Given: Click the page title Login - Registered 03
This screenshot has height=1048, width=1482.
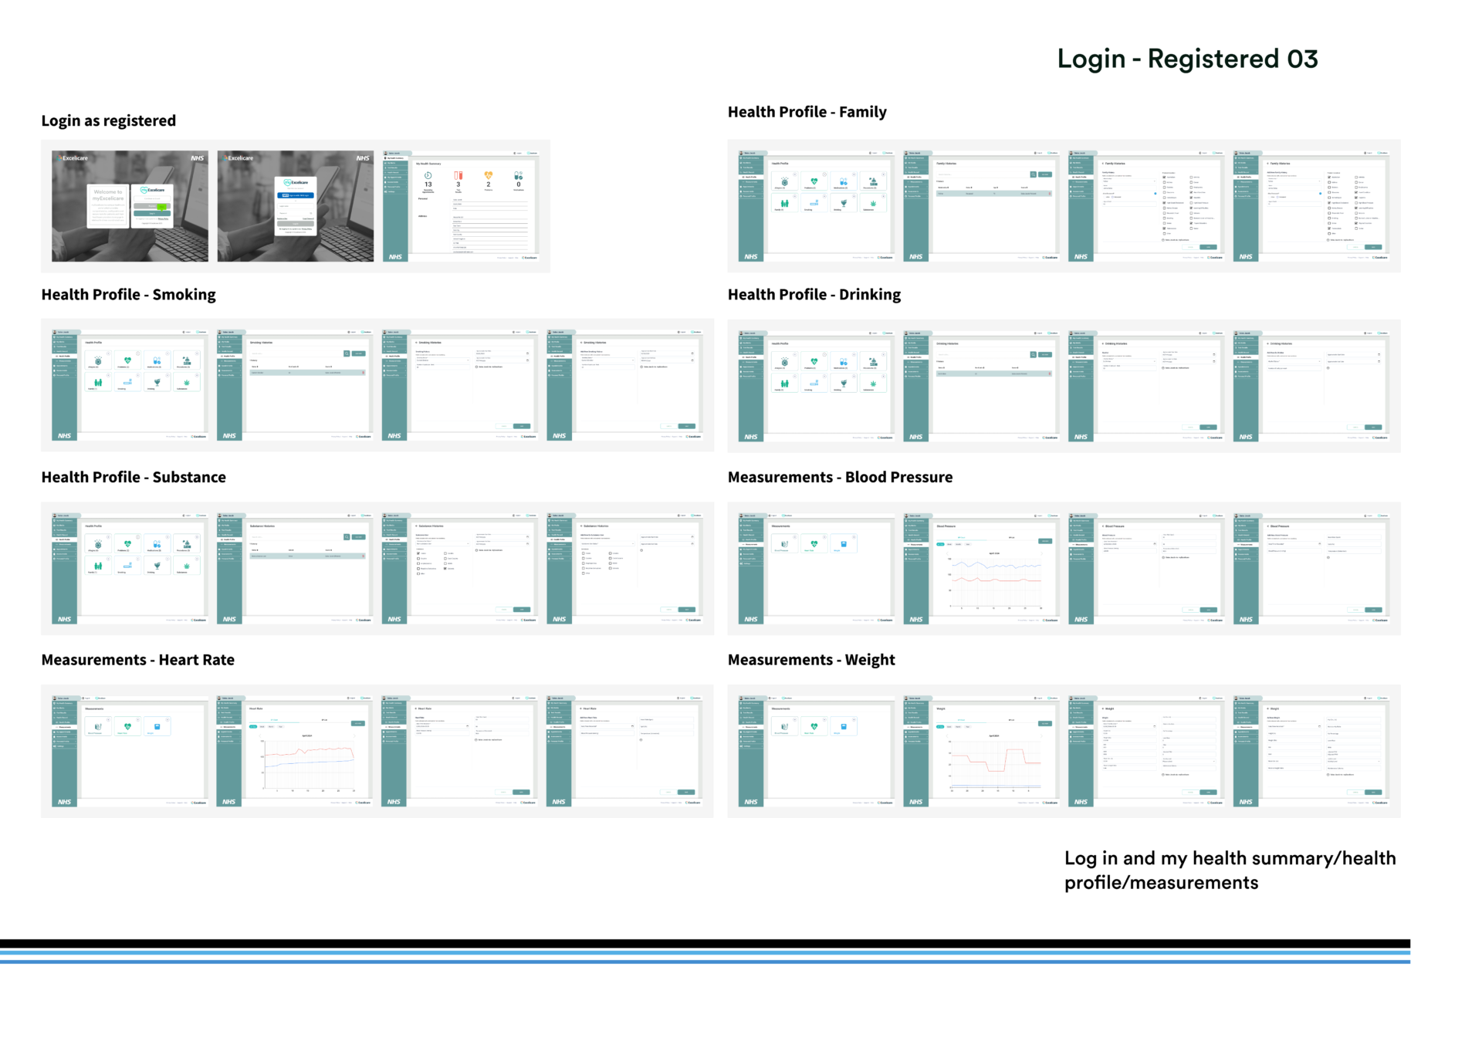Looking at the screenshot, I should tap(1187, 59).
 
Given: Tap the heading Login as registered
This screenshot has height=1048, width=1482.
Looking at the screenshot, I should tap(109, 121).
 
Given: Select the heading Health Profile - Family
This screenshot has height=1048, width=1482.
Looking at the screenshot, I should tap(807, 113).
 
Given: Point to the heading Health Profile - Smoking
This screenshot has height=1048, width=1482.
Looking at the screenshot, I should tap(128, 295).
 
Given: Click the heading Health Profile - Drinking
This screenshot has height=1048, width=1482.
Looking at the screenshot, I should tap(814, 295).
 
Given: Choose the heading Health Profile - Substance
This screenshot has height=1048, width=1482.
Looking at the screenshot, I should tap(134, 478).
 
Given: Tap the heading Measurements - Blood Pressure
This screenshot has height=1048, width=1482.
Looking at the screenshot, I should tap(840, 478).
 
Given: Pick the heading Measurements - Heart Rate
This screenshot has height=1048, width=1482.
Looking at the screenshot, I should tap(137, 661).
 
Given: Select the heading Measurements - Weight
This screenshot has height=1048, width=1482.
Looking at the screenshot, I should tap(811, 661).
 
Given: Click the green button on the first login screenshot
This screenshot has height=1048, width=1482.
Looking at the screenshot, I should tap(161, 207).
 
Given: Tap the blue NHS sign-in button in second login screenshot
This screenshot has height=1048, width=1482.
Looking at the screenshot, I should tap(294, 195).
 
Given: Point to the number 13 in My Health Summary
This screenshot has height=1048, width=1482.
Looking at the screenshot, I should tap(428, 185).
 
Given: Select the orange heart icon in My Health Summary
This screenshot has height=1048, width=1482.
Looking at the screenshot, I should tap(488, 176).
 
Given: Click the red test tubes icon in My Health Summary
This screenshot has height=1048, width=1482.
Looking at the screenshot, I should tap(458, 176).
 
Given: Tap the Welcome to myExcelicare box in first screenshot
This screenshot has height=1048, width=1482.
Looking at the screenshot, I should tap(108, 205).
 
